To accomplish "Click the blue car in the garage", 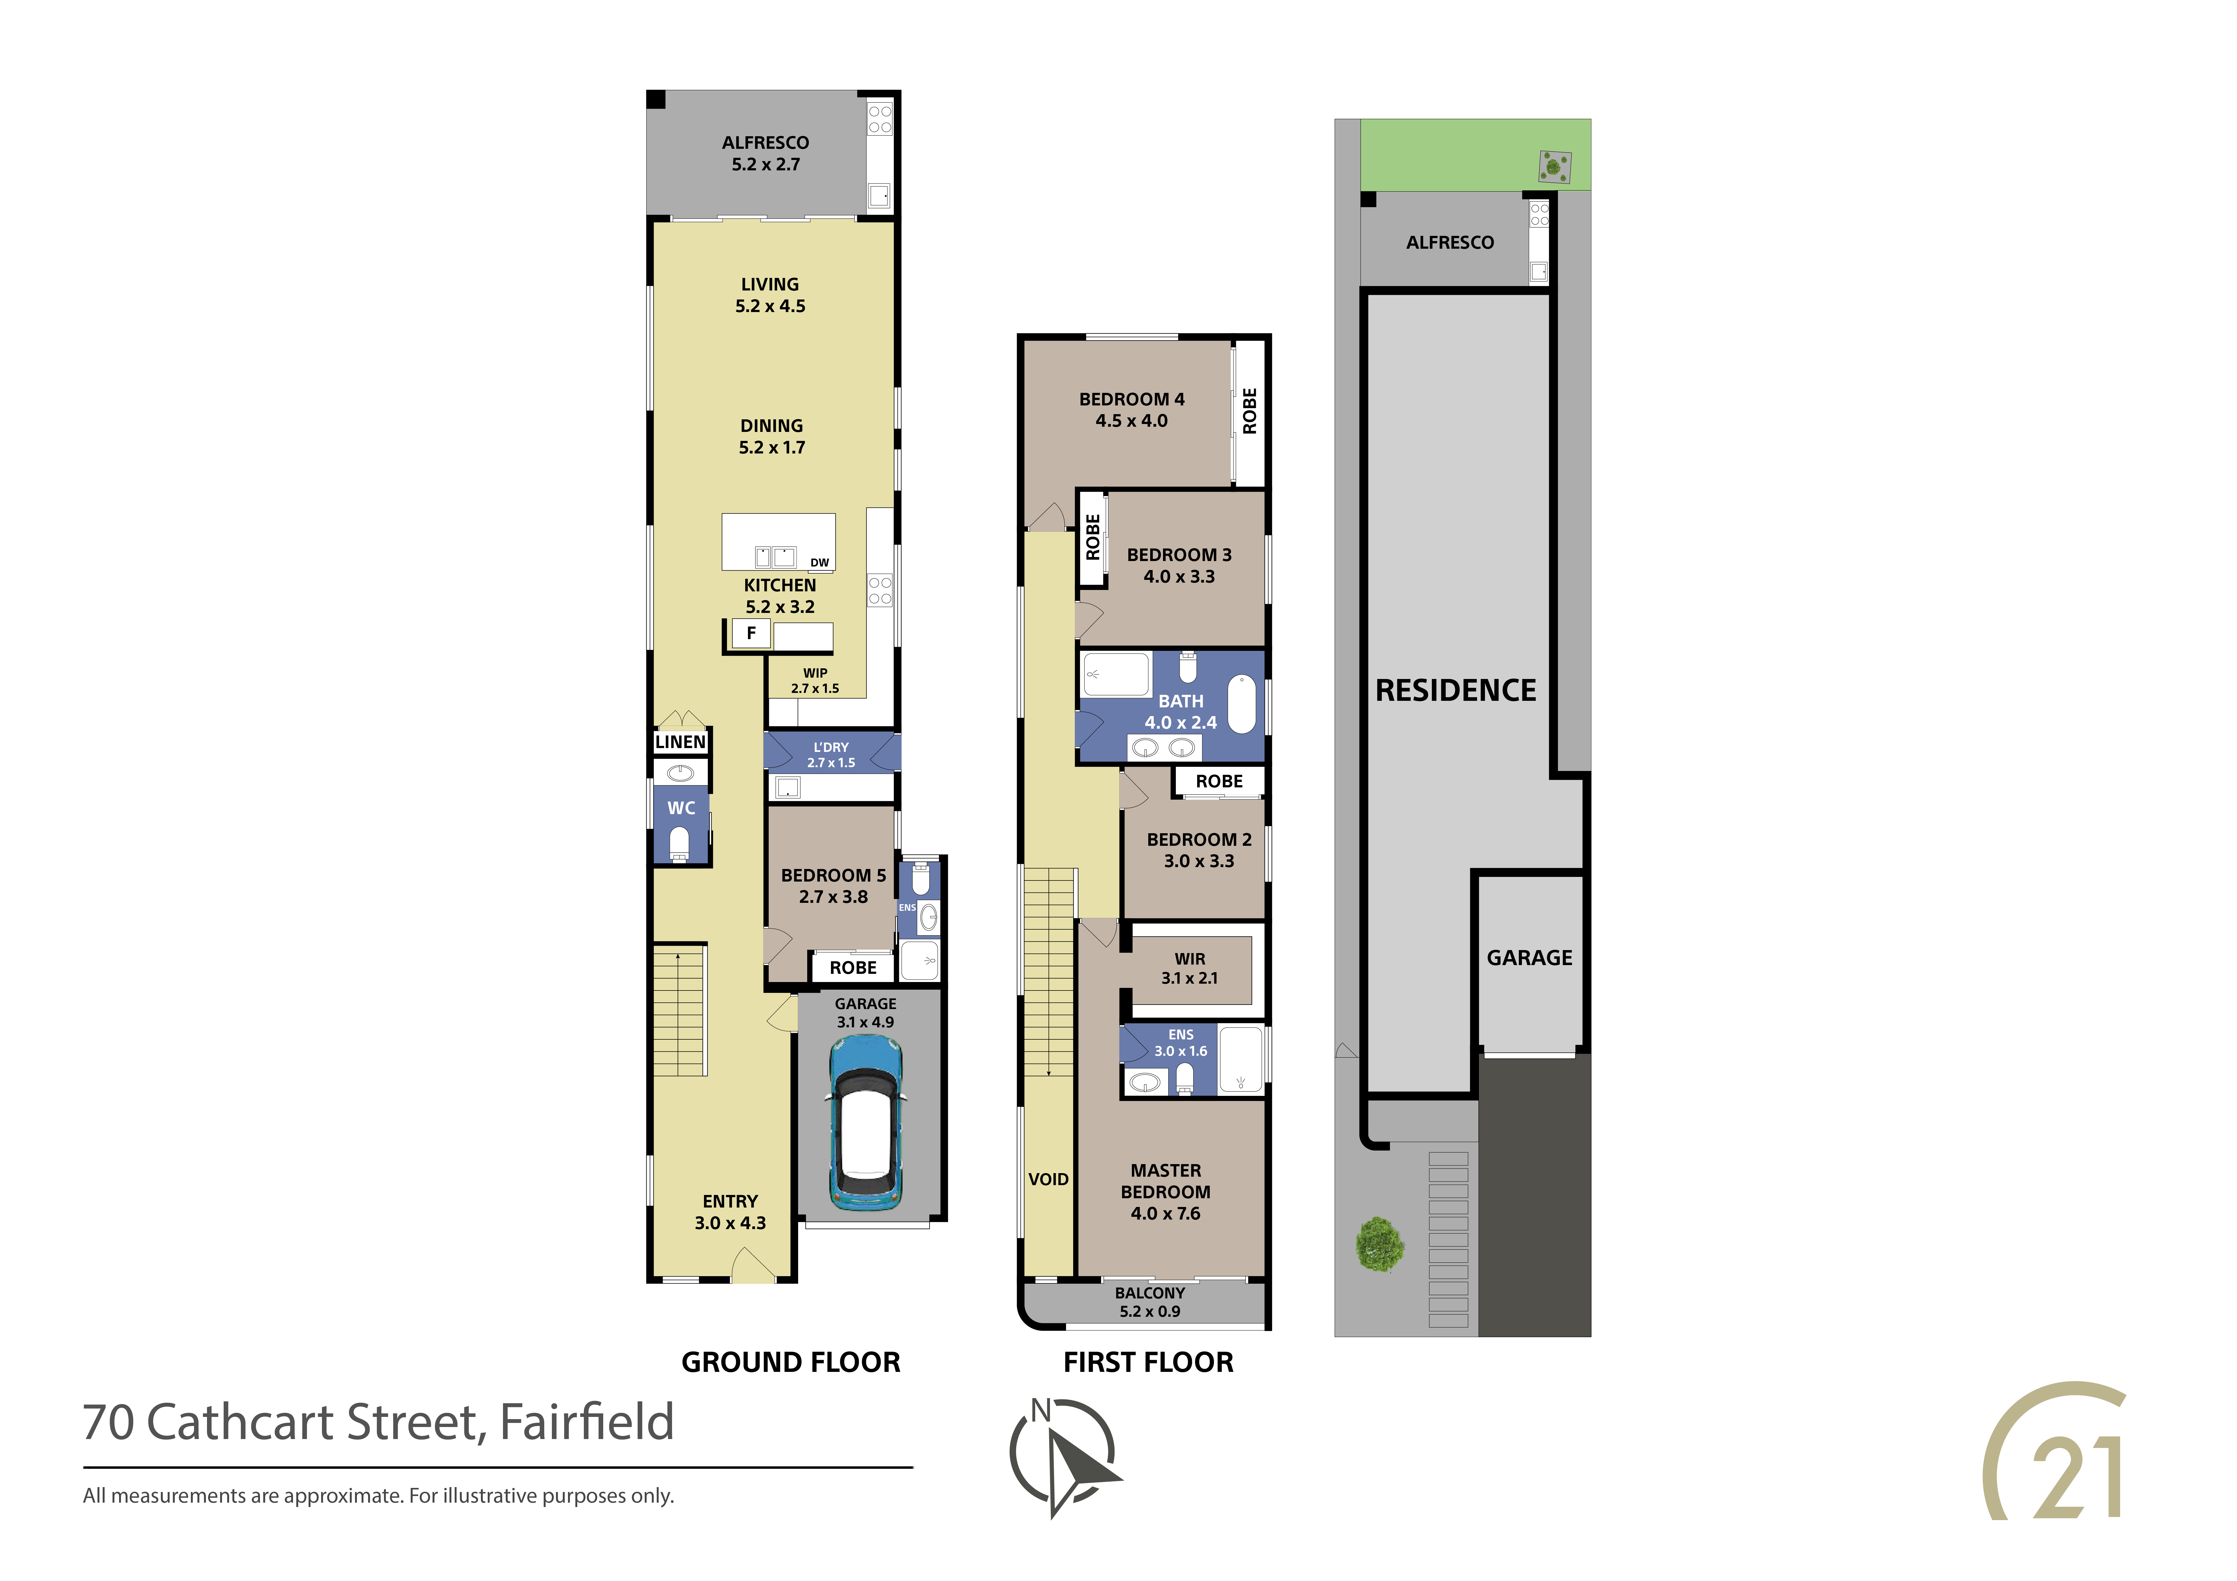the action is pyautogui.click(x=865, y=1122).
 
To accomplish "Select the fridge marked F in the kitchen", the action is pyautogui.click(x=751, y=633).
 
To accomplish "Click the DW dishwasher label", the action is pyautogui.click(x=819, y=563).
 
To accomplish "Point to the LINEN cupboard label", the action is pyautogui.click(x=680, y=742).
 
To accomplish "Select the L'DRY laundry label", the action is pyautogui.click(x=831, y=755).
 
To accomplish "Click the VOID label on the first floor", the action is pyautogui.click(x=1048, y=1180).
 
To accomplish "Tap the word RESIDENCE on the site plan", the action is pyautogui.click(x=1456, y=691).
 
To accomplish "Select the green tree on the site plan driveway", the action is pyautogui.click(x=1380, y=1244).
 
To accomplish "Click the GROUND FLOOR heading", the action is pyautogui.click(x=791, y=1363).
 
